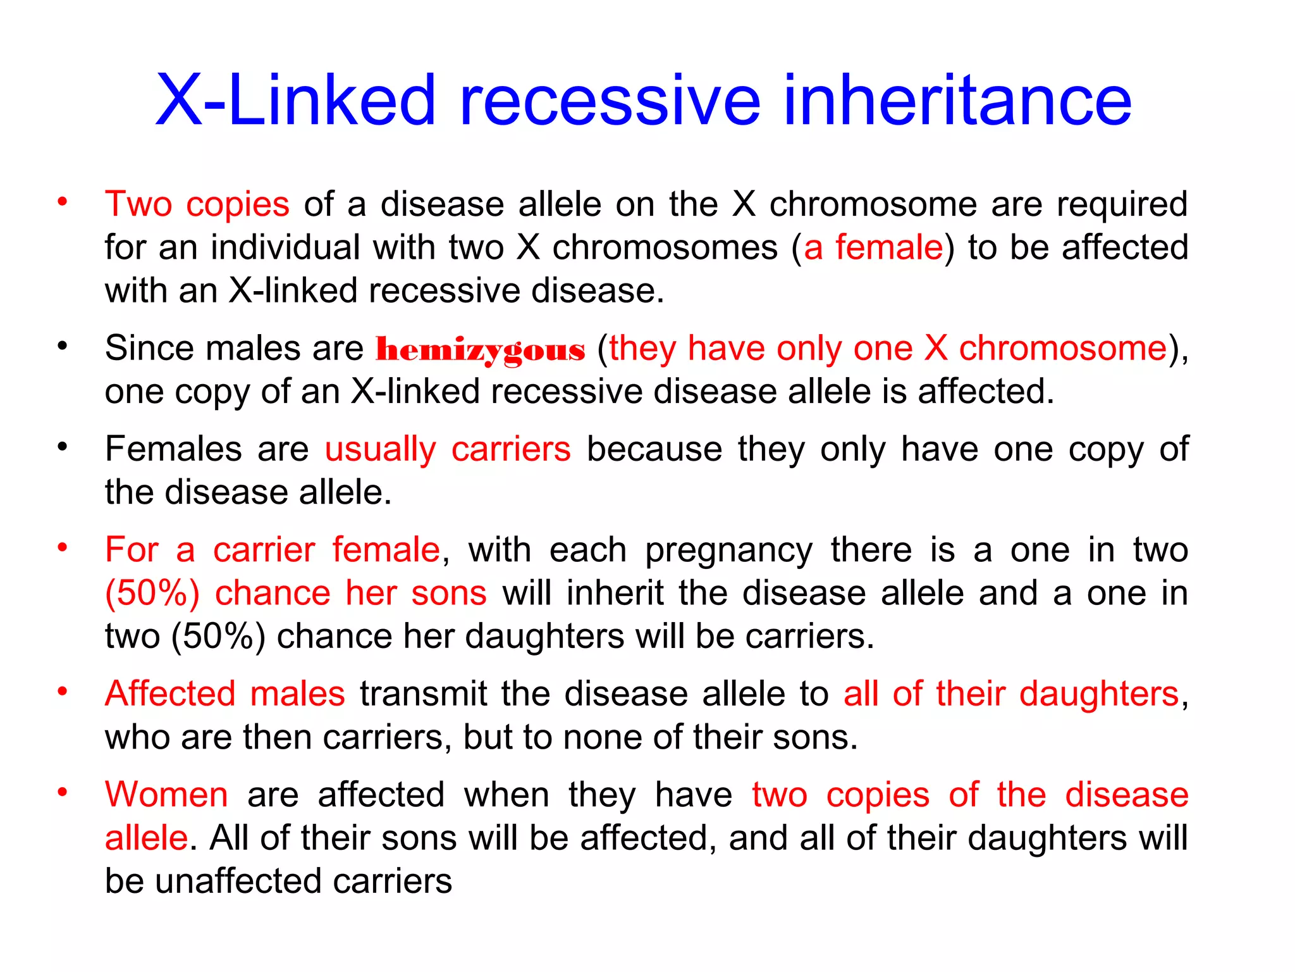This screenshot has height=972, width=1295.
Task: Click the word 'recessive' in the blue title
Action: (x=610, y=101)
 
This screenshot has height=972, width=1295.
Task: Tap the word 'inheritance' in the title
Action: (x=957, y=101)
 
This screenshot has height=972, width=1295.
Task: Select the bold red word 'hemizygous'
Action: (x=481, y=350)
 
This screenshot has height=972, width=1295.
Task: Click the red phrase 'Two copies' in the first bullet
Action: (x=197, y=204)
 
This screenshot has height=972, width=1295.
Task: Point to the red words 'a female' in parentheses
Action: (x=873, y=247)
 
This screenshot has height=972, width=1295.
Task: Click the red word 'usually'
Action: (x=380, y=449)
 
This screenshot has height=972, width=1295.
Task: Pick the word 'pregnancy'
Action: (x=728, y=551)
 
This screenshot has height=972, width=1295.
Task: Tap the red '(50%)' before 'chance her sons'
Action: (x=152, y=594)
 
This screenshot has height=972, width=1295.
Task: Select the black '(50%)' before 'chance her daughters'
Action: (x=218, y=637)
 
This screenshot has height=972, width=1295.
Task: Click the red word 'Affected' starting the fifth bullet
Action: (x=171, y=694)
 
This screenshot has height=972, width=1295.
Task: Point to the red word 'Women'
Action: (x=166, y=795)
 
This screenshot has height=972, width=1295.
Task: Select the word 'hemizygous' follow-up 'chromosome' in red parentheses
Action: (x=1062, y=349)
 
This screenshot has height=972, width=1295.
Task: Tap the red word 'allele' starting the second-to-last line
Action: (x=146, y=838)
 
